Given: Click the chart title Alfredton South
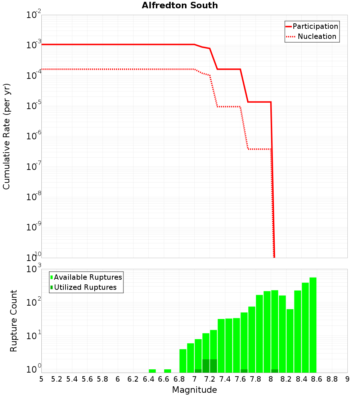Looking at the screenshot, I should pyautogui.click(x=180, y=5).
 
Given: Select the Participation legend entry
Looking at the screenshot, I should pyautogui.click(x=312, y=26).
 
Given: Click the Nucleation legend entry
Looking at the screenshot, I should pyautogui.click(x=312, y=36).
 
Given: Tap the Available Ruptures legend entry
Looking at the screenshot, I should pyautogui.click(x=86, y=277).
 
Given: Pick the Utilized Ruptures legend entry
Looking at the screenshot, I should pyautogui.click(x=84, y=287).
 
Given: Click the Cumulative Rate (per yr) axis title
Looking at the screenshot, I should pyautogui.click(x=6, y=136).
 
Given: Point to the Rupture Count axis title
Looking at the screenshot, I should pyautogui.click(x=14, y=320).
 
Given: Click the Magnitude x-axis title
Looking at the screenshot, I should pyautogui.click(x=194, y=390).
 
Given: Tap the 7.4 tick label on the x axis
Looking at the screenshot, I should pyautogui.click(x=225, y=379).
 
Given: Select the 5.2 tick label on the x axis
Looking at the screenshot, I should pyautogui.click(x=57, y=379).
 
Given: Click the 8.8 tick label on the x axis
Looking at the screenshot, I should pyautogui.click(x=332, y=379).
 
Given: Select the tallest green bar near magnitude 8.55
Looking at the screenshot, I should pyautogui.click(x=313, y=324).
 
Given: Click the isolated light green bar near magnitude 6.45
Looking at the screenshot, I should pyautogui.click(x=152, y=371).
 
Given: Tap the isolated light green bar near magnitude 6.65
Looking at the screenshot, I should pyautogui.click(x=167, y=371).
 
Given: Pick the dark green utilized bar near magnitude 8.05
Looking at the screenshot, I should pyautogui.click(x=275, y=371).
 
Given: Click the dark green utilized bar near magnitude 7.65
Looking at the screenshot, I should pyautogui.click(x=244, y=371).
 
